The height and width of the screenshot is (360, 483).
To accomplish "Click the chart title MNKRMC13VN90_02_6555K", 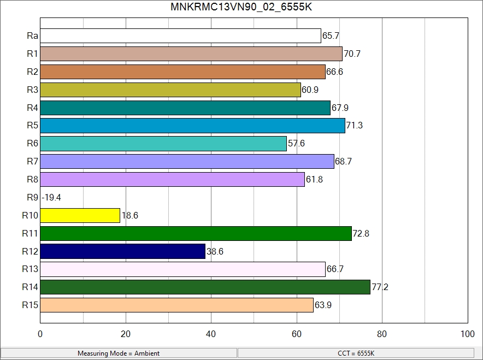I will coord(241,7).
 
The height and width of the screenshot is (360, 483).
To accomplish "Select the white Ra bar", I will coord(180,36).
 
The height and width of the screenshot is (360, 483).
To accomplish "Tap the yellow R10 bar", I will coord(80,216).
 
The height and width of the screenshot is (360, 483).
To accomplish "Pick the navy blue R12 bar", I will coord(122,251).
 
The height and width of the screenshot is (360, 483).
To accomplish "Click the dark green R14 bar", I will coord(205,287).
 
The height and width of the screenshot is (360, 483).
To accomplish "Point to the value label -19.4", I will coord(51,198).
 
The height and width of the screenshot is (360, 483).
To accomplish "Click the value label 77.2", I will coord(380,287).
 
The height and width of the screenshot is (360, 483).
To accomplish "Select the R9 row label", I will coord(32,198).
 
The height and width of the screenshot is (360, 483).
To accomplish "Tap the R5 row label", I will coord(32,126).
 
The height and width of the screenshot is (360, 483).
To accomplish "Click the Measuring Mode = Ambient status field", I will coord(119,353).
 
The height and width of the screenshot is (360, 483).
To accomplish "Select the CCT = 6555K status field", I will coord(356,353).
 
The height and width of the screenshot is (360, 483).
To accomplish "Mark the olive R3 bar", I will coord(170,90).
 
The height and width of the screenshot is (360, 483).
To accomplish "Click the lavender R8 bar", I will coord(172,180).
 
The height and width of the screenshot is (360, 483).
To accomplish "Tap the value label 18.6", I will coord(130,216).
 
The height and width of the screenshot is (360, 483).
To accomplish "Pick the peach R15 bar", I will coord(176,305).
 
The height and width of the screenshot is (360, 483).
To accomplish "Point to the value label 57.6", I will coord(297,144).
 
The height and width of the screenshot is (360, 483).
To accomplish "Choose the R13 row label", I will coord(30,269).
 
